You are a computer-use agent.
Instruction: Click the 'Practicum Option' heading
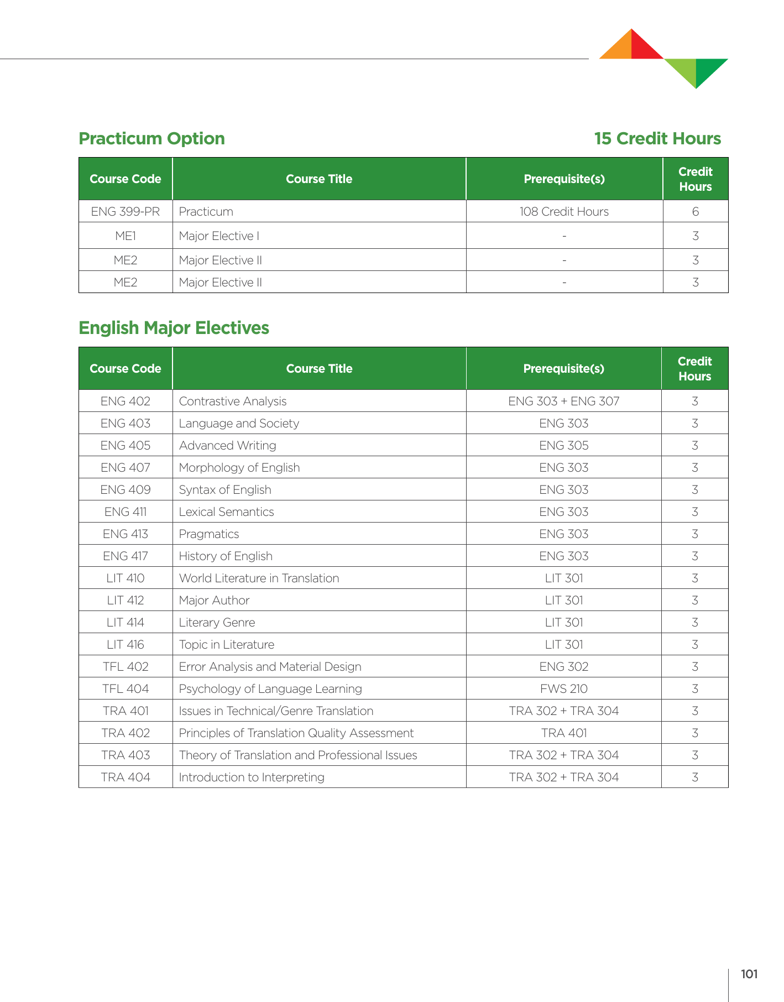[x=151, y=138]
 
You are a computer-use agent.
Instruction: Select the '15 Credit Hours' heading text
[x=657, y=138]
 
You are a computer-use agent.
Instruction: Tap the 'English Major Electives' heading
[x=174, y=328]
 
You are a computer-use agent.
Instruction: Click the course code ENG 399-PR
[x=126, y=212]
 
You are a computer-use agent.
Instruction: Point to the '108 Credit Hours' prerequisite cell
[x=564, y=212]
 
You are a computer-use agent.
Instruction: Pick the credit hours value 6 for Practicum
[x=696, y=212]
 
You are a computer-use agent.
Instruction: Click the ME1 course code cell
[x=126, y=236]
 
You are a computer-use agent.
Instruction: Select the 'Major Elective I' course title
[x=219, y=236]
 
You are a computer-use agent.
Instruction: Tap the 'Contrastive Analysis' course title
[x=233, y=401]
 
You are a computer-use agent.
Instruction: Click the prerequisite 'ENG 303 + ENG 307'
[x=564, y=401]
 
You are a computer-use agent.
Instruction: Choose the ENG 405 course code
[x=126, y=446]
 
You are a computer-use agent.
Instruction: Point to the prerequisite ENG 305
[x=564, y=446]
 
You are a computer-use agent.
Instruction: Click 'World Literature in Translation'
[x=259, y=578]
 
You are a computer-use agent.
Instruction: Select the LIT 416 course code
[x=126, y=645]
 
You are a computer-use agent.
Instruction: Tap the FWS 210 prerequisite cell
[x=564, y=689]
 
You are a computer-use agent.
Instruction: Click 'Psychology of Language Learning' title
[x=270, y=689]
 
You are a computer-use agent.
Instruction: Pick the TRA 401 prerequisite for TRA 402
[x=564, y=733]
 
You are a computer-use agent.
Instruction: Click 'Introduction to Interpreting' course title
[x=252, y=777]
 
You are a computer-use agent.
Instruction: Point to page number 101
[x=749, y=974]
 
